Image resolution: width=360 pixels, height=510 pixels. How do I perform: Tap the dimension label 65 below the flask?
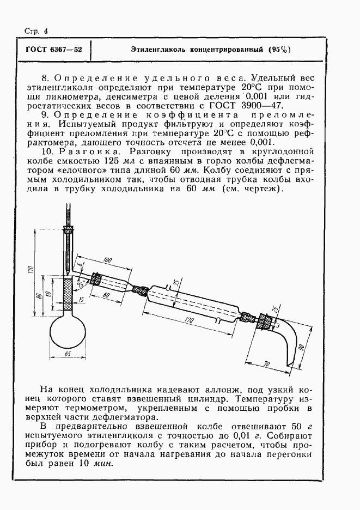coord(68,354)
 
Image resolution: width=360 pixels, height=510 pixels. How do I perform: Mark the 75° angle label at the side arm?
coord(82,283)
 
